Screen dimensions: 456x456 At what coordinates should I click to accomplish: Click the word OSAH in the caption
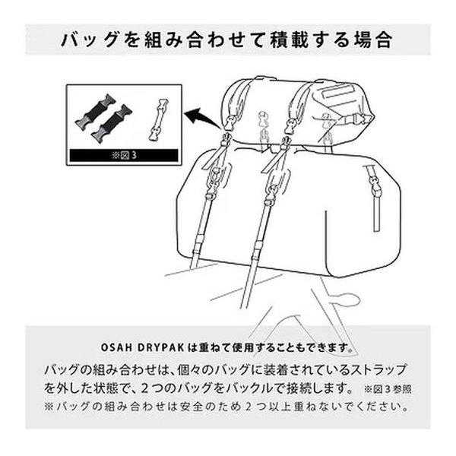[x=115, y=347]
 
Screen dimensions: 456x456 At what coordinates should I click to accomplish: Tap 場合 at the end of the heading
[x=373, y=39]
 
